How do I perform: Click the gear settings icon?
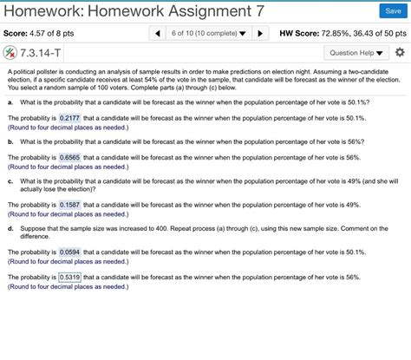(399, 52)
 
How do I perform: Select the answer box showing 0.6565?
(70, 158)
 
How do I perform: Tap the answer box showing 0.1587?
(70, 205)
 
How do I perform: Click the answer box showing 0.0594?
(70, 252)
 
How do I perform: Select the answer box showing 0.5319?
(70, 278)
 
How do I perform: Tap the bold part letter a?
(10, 101)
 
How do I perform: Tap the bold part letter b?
(10, 141)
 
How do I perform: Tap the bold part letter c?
(10, 180)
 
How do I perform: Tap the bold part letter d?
(10, 228)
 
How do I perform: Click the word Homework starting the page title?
(36, 10)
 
